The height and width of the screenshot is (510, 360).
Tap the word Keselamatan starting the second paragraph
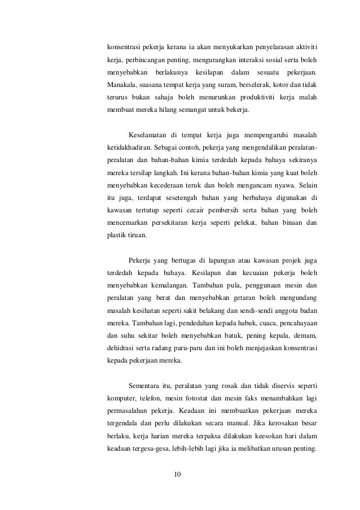[x=150, y=135]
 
